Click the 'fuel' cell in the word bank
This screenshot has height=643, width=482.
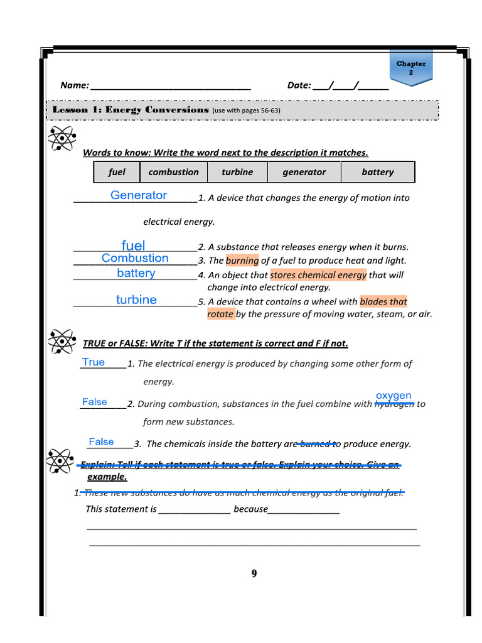click(x=117, y=172)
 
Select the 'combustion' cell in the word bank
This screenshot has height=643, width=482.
click(x=173, y=172)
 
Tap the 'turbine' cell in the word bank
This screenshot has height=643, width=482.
click(x=237, y=172)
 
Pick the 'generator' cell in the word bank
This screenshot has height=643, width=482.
click(x=304, y=172)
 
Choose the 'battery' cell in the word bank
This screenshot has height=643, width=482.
click(x=378, y=172)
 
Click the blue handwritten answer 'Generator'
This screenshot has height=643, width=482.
click(x=139, y=195)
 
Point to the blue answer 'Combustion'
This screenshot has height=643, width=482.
click(x=135, y=258)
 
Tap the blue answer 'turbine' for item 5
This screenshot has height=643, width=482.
click(x=136, y=300)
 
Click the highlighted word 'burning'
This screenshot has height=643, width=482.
click(x=242, y=261)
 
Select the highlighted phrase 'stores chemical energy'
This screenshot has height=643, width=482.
click(x=318, y=275)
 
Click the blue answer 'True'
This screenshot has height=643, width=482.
click(x=94, y=362)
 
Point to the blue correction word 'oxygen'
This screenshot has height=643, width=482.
click(x=394, y=396)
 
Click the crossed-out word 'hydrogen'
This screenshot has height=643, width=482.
click(x=394, y=404)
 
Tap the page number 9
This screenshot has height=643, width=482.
click(x=254, y=573)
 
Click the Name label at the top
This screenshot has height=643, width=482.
click(x=74, y=85)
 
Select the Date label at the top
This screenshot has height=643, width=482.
click(x=299, y=85)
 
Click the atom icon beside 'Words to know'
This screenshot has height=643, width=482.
click(x=62, y=138)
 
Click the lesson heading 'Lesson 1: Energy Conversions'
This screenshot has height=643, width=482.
click(x=131, y=110)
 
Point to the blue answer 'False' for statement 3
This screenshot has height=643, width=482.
click(x=101, y=442)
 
